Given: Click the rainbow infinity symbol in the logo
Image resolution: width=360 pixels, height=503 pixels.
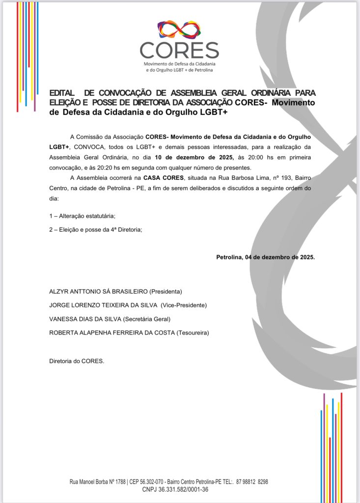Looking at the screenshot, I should (179, 29).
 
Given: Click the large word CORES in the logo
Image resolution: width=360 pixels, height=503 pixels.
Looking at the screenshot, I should (179, 50).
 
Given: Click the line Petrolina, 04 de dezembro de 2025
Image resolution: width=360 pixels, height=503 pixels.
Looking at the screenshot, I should (265, 257).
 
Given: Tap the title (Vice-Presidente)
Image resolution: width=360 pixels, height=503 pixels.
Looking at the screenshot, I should (184, 305).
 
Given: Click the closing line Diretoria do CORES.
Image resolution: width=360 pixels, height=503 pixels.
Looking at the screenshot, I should (77, 361).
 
